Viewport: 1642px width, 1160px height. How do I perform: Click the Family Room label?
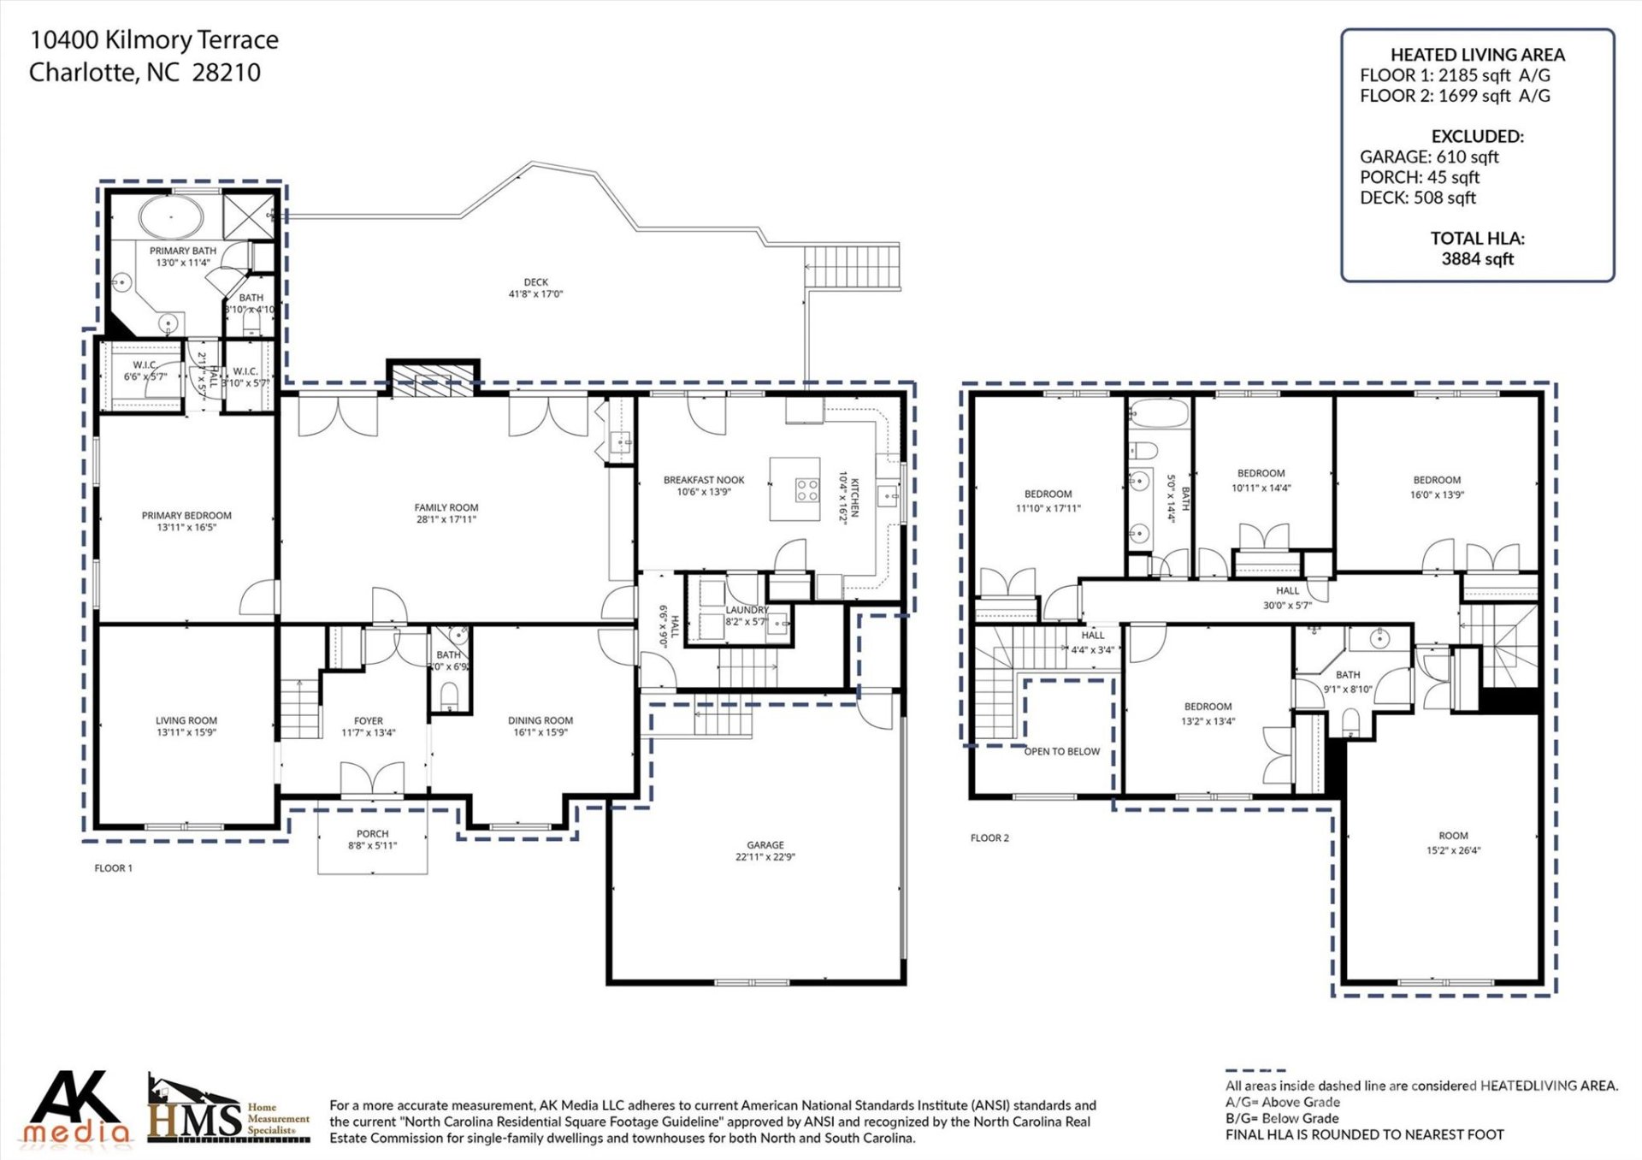click(446, 507)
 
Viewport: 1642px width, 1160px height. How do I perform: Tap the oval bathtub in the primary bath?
click(171, 217)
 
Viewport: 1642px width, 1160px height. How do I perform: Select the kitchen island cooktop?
click(807, 489)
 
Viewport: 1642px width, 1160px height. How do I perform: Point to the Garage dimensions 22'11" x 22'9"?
click(765, 856)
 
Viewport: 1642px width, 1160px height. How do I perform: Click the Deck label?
click(535, 281)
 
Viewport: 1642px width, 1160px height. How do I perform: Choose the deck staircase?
click(852, 267)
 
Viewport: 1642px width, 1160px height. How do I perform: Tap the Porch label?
click(372, 833)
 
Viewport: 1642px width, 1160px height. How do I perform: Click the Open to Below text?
click(1061, 751)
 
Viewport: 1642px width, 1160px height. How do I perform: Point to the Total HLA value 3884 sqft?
click(1477, 259)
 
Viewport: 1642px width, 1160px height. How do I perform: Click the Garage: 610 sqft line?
click(1428, 157)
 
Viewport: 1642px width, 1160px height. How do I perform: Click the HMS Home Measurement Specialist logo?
click(227, 1110)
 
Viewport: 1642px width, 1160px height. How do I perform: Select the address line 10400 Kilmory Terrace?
click(154, 40)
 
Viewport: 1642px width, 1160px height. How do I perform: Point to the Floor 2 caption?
click(989, 837)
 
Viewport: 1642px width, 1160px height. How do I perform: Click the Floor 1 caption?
click(113, 867)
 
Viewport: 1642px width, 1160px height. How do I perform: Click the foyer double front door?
click(372, 780)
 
